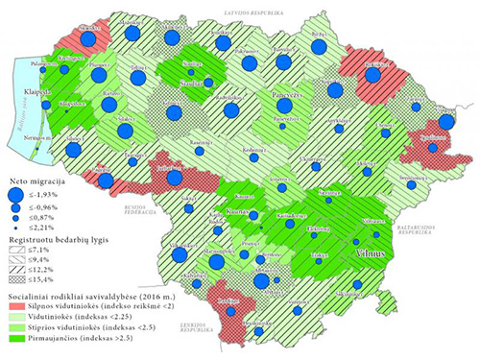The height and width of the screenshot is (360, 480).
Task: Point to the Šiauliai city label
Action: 193,84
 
